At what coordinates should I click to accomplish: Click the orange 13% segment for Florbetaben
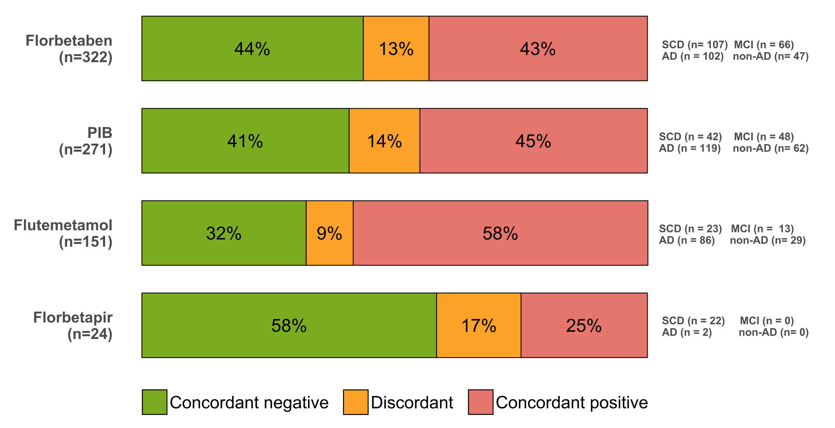pyautogui.click(x=396, y=48)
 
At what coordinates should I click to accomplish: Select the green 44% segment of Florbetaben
pyautogui.click(x=252, y=48)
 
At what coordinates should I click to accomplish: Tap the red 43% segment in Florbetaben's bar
pyautogui.click(x=538, y=48)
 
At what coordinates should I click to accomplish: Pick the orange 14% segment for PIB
pyautogui.click(x=384, y=141)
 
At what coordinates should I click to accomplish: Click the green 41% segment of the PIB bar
pyautogui.click(x=245, y=141)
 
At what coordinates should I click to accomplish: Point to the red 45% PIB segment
pyautogui.click(x=534, y=141)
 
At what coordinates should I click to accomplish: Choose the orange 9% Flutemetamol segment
pyautogui.click(x=330, y=233)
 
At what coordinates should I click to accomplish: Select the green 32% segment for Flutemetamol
pyautogui.click(x=224, y=233)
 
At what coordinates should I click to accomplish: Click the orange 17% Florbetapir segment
pyautogui.click(x=479, y=325)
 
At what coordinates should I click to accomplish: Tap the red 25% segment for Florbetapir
pyautogui.click(x=584, y=325)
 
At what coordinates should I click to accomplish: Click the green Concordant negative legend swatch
pyautogui.click(x=155, y=402)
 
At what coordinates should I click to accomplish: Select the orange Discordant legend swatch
pyautogui.click(x=356, y=402)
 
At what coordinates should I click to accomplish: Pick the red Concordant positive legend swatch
pyautogui.click(x=481, y=402)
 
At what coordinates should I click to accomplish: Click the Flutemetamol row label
pyautogui.click(x=63, y=225)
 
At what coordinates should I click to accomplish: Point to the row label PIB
pyautogui.click(x=100, y=133)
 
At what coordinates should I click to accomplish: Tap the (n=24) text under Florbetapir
pyautogui.click(x=90, y=334)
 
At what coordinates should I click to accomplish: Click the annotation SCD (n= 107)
pyautogui.click(x=695, y=44)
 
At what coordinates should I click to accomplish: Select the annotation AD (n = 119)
pyautogui.click(x=690, y=148)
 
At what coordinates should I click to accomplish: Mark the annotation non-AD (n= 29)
pyautogui.click(x=768, y=240)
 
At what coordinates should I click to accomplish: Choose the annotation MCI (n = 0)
pyautogui.click(x=767, y=321)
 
